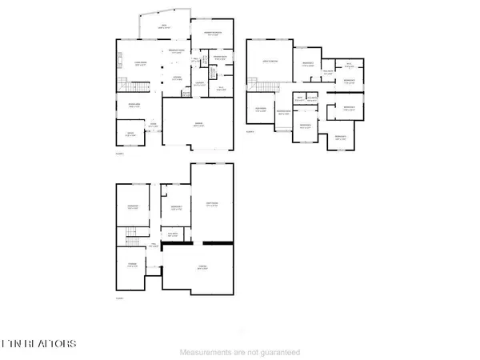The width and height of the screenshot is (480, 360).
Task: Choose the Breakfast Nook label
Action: pos(176,51)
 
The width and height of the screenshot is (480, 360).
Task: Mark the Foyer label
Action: pos(152,124)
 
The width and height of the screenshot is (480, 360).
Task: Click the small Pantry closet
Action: pos(186,94)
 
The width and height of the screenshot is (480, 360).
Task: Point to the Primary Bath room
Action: pos(219,58)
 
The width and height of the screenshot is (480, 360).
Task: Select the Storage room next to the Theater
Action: pos(133,264)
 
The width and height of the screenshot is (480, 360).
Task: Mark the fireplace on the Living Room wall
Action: pos(119,61)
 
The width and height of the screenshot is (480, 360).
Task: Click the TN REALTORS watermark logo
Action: pos(39,343)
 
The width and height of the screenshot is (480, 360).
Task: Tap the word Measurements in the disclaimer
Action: pos(207,352)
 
